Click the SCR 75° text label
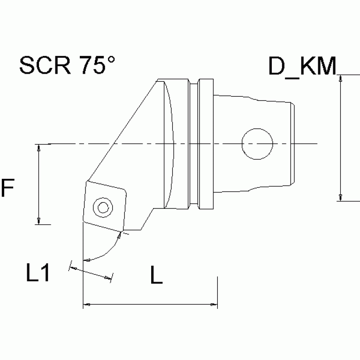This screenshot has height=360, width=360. (x=67, y=66)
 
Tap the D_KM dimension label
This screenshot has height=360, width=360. (x=302, y=67)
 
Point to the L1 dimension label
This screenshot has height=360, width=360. (x=38, y=274)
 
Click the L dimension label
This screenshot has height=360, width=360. (x=156, y=276)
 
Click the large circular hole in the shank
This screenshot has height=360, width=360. (x=257, y=143)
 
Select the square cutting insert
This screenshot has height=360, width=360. (x=104, y=206)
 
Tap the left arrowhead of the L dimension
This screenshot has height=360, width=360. (x=87, y=306)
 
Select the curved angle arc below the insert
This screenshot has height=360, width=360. (x=106, y=251)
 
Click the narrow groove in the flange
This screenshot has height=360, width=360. (x=193, y=143)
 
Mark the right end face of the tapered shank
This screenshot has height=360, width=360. (x=294, y=143)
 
